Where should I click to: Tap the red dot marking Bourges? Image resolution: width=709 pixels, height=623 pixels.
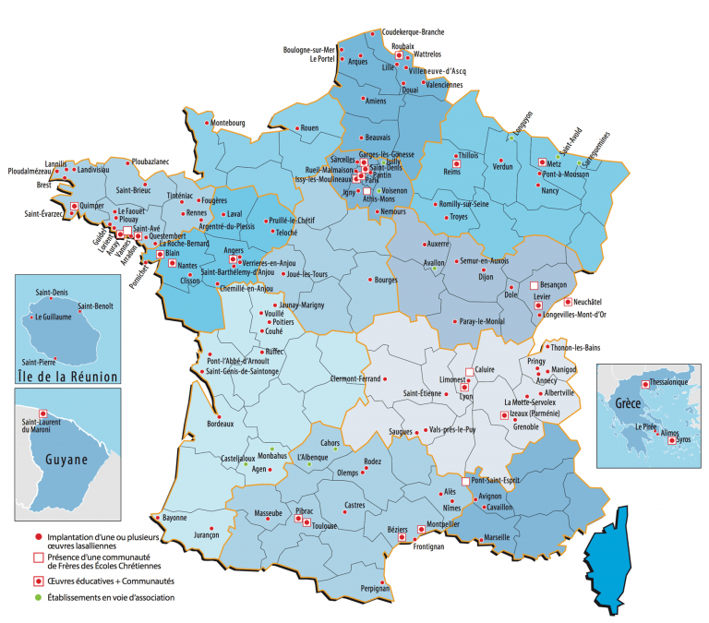pos(371,280)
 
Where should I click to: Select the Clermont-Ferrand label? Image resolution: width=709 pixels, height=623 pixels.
pos(355,379)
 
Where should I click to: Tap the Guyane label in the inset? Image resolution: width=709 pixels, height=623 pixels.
pos(64,459)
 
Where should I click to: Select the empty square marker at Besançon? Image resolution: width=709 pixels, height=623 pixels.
pos(534,286)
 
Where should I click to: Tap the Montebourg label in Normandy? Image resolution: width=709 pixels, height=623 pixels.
pos(227,123)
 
